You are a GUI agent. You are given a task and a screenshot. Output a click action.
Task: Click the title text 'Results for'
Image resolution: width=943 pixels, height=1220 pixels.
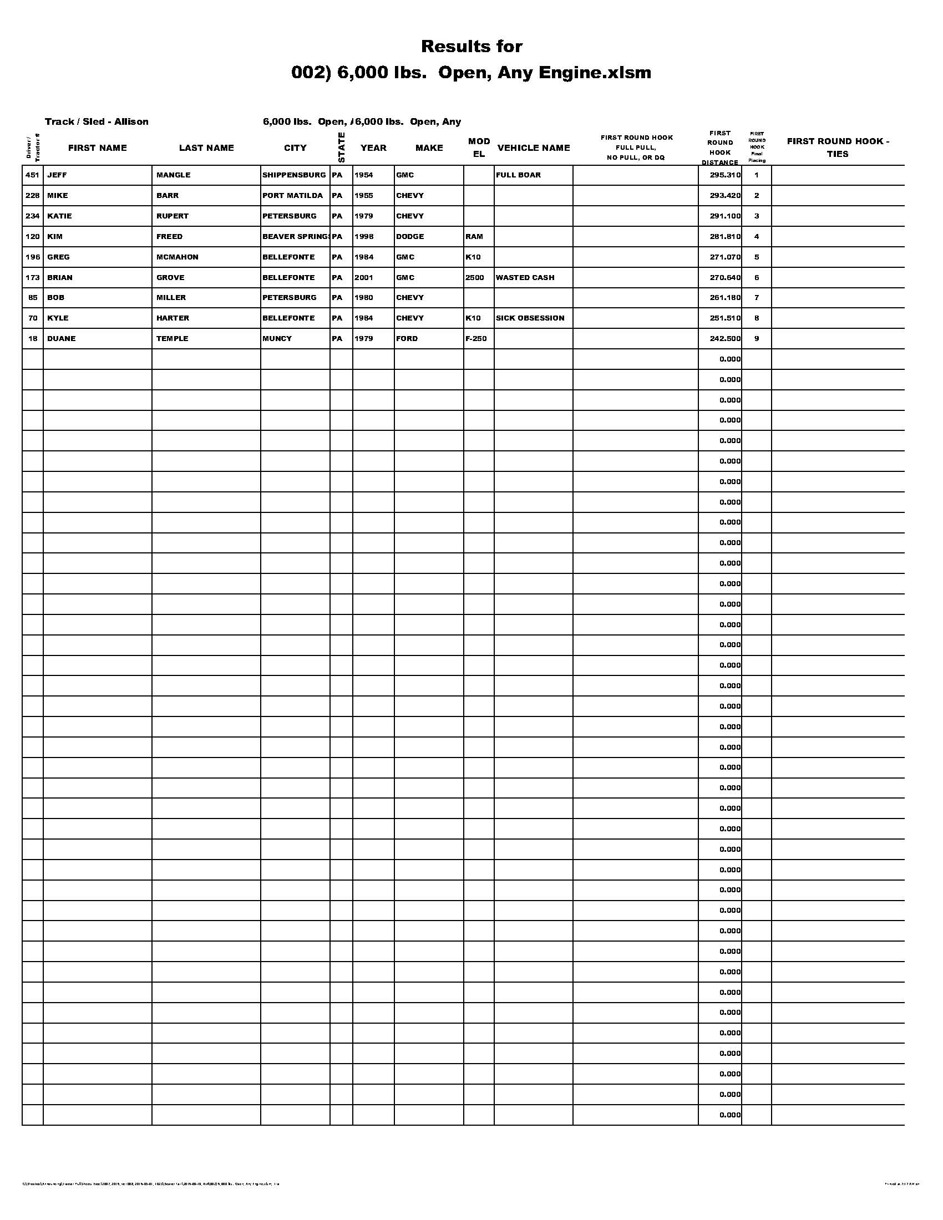coord(471,47)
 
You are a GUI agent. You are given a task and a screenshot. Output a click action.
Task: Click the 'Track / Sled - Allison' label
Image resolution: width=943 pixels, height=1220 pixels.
coord(97,122)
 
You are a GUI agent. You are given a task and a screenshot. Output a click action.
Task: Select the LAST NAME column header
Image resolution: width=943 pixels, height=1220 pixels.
coord(206,148)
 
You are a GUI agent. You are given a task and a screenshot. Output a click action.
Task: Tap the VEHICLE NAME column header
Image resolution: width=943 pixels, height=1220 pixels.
coord(534,148)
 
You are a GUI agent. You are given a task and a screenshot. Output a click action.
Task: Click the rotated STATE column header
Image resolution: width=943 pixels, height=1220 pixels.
coord(341,148)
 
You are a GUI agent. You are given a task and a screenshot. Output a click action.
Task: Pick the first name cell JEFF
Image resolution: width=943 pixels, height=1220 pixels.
coord(57,175)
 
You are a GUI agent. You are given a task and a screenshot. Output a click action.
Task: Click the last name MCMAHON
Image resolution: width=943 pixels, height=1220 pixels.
coord(177,257)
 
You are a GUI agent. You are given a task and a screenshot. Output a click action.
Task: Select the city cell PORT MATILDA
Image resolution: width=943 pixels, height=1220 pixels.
coord(293,196)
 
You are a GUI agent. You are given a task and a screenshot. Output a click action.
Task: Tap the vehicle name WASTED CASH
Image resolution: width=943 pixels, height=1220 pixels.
coord(525,278)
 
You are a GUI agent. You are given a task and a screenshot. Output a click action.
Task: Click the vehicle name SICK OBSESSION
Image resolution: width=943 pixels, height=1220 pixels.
coord(530,318)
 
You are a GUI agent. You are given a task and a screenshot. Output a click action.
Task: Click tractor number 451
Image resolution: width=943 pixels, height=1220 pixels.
coord(32,175)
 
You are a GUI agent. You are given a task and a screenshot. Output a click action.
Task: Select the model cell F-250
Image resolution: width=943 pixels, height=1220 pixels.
coord(476,339)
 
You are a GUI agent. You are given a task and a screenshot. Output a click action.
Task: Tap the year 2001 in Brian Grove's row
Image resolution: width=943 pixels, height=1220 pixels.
coord(364,278)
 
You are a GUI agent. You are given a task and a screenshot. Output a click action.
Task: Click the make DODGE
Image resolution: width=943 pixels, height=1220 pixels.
coord(410,237)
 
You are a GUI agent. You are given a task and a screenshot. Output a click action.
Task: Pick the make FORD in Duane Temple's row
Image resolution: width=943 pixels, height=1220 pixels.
coord(407,339)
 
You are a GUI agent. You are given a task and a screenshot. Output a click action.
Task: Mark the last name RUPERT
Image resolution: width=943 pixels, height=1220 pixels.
coord(173,216)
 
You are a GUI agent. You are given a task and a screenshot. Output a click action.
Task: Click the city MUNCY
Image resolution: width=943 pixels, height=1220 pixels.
coord(277,339)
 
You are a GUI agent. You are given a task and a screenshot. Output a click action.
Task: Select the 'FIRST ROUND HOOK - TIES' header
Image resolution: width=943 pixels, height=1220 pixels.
coord(838,148)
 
